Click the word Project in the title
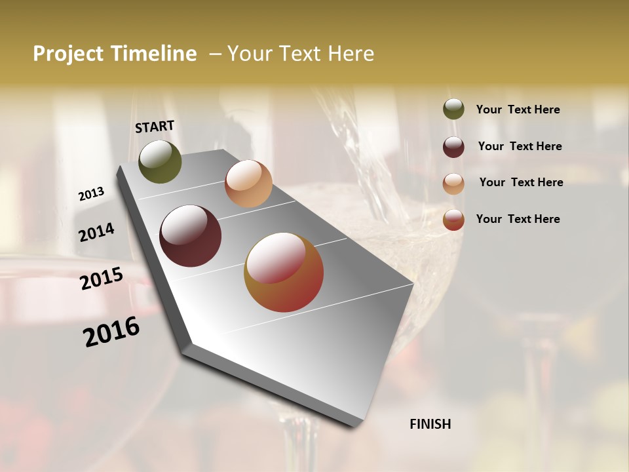pyautogui.click(x=68, y=54)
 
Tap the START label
pyautogui.click(x=155, y=126)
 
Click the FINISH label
pyautogui.click(x=430, y=424)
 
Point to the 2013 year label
pyautogui.click(x=92, y=193)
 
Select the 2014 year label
pyautogui.click(x=97, y=232)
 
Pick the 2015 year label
pyautogui.click(x=102, y=279)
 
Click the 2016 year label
pyautogui.click(x=112, y=331)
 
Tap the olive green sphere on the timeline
pyautogui.click(x=160, y=161)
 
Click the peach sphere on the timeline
pyautogui.click(x=248, y=184)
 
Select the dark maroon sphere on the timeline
pyautogui.click(x=190, y=236)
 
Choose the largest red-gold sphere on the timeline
pyautogui.click(x=284, y=272)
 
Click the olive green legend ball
pyautogui.click(x=453, y=109)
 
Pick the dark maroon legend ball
pyautogui.click(x=453, y=147)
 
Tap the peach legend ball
pyautogui.click(x=453, y=184)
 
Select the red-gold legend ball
pyautogui.click(x=453, y=220)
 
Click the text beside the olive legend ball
pyautogui.click(x=518, y=109)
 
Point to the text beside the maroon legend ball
pyautogui.click(x=520, y=146)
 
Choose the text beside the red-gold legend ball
pyautogui.click(x=518, y=219)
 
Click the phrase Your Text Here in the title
pyautogui.click(x=301, y=54)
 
